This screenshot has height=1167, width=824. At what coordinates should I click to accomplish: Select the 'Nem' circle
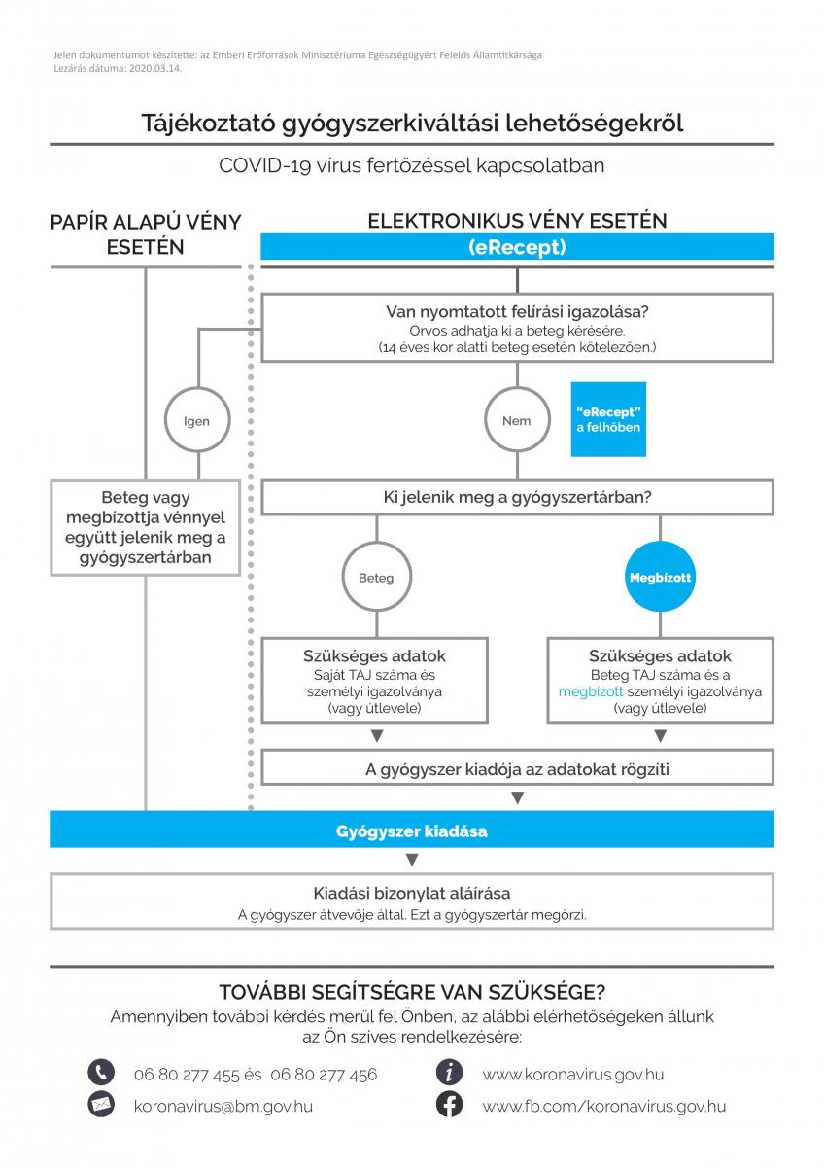point(517,421)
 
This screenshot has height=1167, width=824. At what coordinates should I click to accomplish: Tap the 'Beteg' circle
point(376,578)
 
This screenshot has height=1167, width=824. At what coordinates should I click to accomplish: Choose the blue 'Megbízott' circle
point(660,578)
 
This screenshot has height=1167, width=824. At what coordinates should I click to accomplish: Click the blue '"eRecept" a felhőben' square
point(607,419)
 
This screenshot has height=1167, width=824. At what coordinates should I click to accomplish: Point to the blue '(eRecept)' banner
point(517,247)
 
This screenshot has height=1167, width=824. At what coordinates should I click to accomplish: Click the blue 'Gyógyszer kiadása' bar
point(412,831)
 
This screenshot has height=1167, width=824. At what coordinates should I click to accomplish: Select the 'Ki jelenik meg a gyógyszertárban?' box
point(517,498)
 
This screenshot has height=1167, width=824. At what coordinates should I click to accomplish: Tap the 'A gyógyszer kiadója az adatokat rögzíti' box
point(517,769)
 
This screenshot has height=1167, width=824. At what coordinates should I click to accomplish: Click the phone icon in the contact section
point(101,1074)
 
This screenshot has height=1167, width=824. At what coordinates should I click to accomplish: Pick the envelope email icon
point(101,1105)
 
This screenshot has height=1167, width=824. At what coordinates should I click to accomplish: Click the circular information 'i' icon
point(449,1074)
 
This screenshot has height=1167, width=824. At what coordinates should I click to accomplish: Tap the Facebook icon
point(449,1105)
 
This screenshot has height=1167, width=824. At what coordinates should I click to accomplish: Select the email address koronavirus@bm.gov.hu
point(223,1106)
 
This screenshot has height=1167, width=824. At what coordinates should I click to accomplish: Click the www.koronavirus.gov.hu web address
point(573,1075)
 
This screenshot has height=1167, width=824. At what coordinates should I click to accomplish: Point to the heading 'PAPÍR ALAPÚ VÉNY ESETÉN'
point(146,234)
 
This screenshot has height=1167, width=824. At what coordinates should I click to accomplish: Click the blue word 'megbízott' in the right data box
point(589,691)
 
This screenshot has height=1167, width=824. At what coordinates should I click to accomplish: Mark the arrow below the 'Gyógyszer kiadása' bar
point(412,860)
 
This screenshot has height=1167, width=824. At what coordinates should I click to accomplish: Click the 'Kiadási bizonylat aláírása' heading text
point(412,893)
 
